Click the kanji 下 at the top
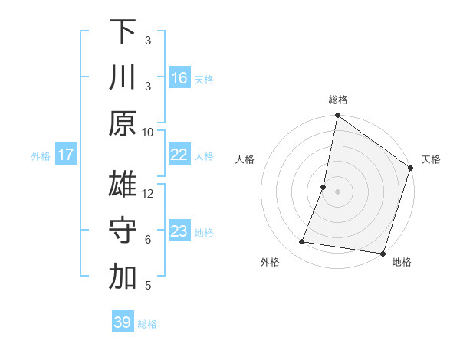click(123, 32)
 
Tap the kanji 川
click(123, 78)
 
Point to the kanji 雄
click(123, 185)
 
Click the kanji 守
click(123, 231)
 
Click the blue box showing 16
click(179, 78)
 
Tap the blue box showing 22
click(179, 155)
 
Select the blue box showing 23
click(179, 231)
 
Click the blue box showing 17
click(66, 155)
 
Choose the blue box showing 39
click(123, 322)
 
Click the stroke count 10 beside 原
click(148, 132)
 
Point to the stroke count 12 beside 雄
click(148, 193)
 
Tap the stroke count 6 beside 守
click(148, 239)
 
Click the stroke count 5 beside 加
click(148, 286)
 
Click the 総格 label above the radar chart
click(338, 100)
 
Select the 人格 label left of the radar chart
click(245, 159)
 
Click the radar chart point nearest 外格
click(302, 242)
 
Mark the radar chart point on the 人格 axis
click(324, 187)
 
